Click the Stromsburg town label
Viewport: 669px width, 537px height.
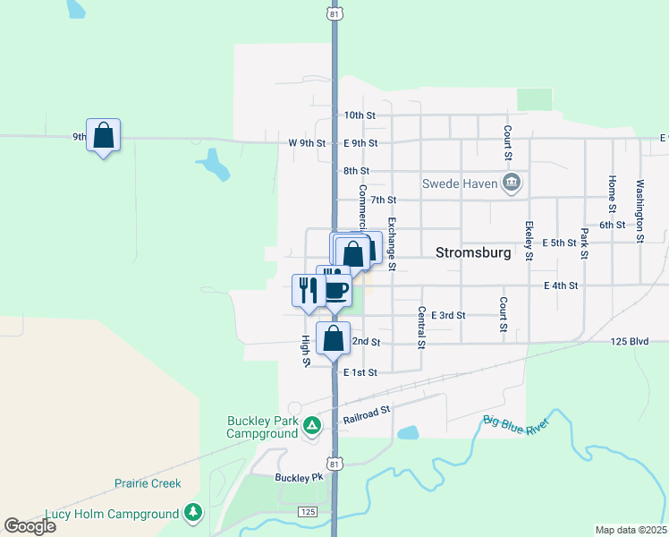[x=473, y=252]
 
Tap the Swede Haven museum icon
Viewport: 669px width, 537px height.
[x=512, y=184]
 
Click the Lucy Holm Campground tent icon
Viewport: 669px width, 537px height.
[x=192, y=514]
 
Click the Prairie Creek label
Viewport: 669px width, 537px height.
[x=148, y=483]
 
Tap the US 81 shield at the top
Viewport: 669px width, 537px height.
[x=334, y=14]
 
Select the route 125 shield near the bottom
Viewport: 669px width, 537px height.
[x=309, y=510]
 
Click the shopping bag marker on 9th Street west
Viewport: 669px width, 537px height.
[x=104, y=135]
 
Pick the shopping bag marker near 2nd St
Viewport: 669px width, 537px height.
[x=333, y=339]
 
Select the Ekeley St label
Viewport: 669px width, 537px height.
[x=529, y=240]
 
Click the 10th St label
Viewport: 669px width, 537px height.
[x=360, y=115]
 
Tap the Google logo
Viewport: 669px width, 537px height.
[x=29, y=526]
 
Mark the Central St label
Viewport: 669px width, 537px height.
[x=419, y=327]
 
